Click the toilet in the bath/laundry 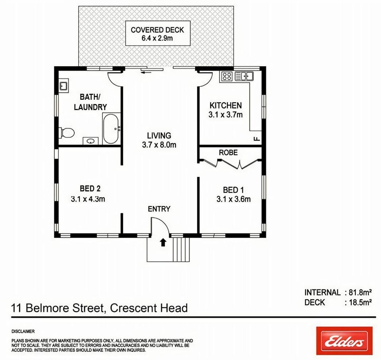coord(66,132)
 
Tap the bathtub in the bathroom coord(111,129)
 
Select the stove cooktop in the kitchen coord(227,76)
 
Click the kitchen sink coord(244,76)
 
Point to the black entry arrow coord(163,242)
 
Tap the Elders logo coord(344,341)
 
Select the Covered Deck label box coord(158,33)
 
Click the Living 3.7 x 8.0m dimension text coord(159,145)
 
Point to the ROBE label coord(228,153)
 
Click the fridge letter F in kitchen coord(257,139)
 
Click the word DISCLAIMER coord(23,331)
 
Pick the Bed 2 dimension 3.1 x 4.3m coord(88,199)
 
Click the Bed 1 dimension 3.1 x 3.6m coord(233,199)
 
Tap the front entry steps coord(181,249)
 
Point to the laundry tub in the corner coord(64,86)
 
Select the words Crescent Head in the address coord(149,308)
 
